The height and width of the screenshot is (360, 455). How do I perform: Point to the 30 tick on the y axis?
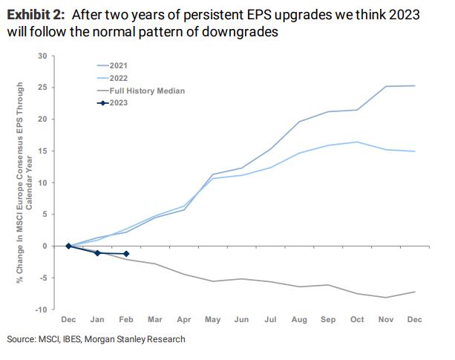tap(43, 56)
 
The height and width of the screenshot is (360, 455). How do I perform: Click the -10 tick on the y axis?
tap(42, 310)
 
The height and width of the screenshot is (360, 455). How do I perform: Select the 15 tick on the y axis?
tap(43, 151)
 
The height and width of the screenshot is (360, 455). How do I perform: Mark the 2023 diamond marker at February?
tap(126, 254)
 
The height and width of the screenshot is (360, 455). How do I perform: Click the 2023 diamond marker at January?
tap(97, 253)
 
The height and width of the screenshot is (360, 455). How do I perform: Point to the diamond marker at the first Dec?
tap(68, 246)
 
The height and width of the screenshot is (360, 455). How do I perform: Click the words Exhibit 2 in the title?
tap(37, 14)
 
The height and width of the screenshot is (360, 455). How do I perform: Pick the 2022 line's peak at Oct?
tap(356, 142)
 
